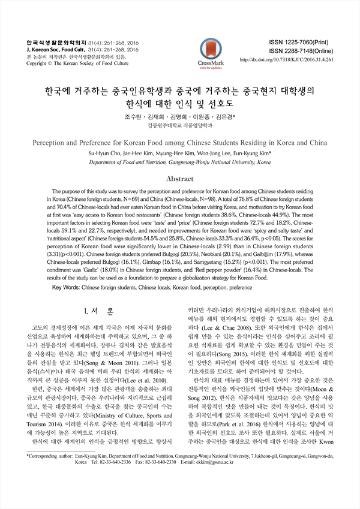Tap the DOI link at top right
pos(290,61)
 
